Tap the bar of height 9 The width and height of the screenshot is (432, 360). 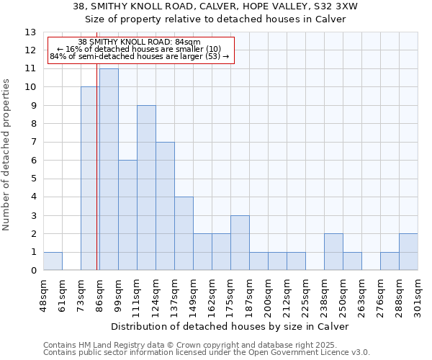[146, 188]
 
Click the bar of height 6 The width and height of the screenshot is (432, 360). [127, 215]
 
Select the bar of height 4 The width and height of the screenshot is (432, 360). [184, 233]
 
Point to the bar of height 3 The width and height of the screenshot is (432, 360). [240, 243]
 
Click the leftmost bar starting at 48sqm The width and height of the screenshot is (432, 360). [53, 261]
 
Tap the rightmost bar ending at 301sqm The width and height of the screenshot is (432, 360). [408, 252]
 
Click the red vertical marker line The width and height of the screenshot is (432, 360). [97, 180]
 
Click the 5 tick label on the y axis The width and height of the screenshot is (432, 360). [33, 179]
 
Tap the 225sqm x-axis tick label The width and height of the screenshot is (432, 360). [305, 295]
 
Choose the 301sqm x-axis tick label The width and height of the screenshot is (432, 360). [418, 295]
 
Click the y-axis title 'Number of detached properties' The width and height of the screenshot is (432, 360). [7, 155]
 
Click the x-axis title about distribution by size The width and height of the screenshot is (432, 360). [230, 326]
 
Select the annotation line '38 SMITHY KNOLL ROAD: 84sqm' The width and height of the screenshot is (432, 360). [139, 42]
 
